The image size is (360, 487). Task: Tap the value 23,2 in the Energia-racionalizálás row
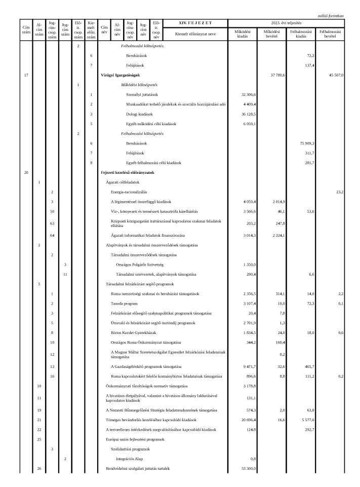tap(339, 192)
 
